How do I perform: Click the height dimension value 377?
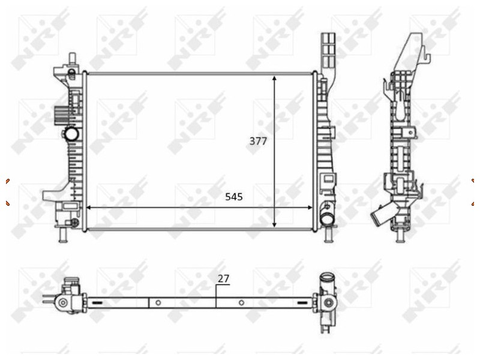point(258,142)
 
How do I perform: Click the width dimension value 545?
point(234,196)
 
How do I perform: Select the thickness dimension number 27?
point(223,278)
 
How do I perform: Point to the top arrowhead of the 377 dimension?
point(275,79)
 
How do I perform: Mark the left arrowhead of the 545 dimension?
point(89,208)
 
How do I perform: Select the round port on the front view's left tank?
point(71,133)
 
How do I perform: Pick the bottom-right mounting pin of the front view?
point(328,236)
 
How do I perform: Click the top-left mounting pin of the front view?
point(71,59)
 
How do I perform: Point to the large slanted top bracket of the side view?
point(414,54)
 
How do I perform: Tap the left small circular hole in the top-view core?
point(158,303)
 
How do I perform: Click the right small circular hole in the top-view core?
point(241,303)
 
